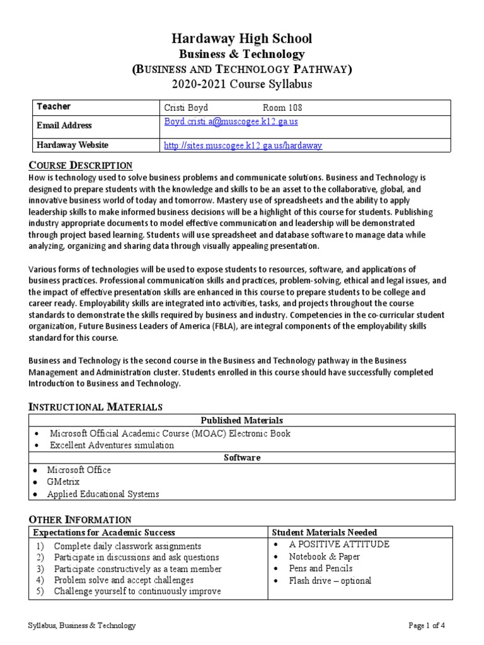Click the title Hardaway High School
(x=242, y=39)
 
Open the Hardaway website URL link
(x=243, y=146)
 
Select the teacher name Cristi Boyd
(x=186, y=108)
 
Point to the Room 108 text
(x=282, y=108)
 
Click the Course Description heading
(x=81, y=165)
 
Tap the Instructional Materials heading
(x=96, y=407)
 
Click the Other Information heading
(x=80, y=520)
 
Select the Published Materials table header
(x=241, y=420)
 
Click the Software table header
(x=241, y=457)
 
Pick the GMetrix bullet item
(x=63, y=482)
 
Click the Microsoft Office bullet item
(x=79, y=470)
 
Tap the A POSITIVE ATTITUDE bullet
(x=339, y=544)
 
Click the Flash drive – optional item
(x=330, y=581)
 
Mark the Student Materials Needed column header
(x=324, y=532)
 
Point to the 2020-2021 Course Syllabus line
(x=242, y=84)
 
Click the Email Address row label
(x=64, y=125)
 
